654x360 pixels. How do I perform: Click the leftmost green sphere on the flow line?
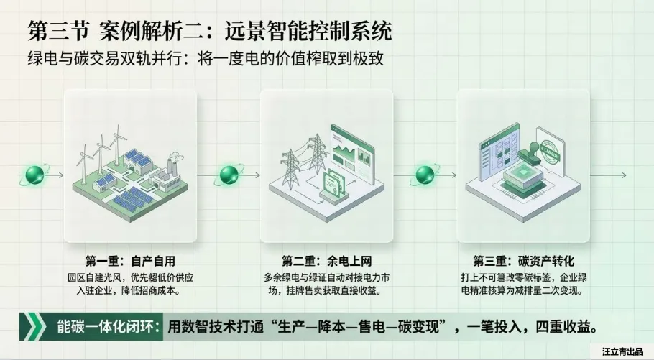point(33,174)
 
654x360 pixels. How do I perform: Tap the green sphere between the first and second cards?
point(229,174)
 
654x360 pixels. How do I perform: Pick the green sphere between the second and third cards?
point(425,174)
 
